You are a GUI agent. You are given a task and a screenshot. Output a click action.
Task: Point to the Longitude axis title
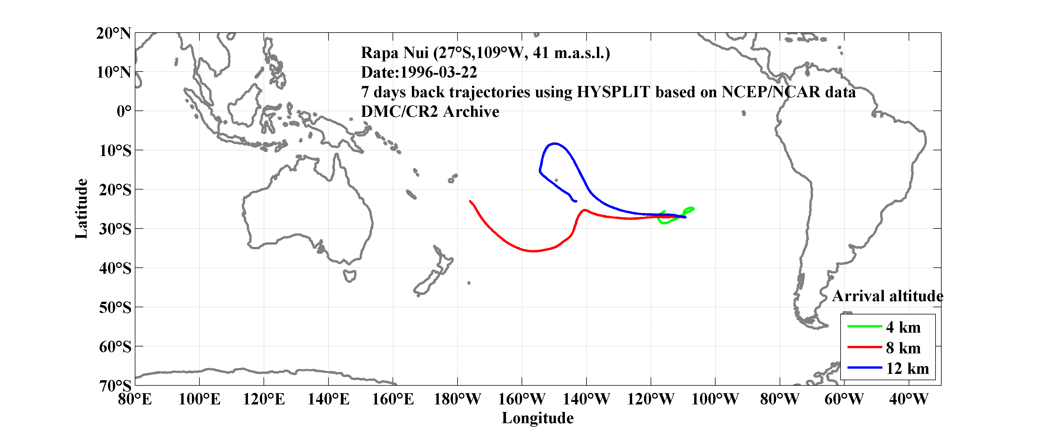point(537,418)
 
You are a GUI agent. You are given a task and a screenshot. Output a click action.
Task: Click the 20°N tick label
point(113,33)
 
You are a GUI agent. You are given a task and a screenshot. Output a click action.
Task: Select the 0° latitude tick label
point(124,111)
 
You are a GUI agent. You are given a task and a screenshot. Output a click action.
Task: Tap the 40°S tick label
point(115,268)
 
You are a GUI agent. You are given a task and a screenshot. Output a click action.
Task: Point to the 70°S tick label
point(115,386)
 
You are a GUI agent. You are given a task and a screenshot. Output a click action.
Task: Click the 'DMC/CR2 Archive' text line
point(430,112)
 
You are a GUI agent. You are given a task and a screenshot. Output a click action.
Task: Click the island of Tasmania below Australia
point(350,275)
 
